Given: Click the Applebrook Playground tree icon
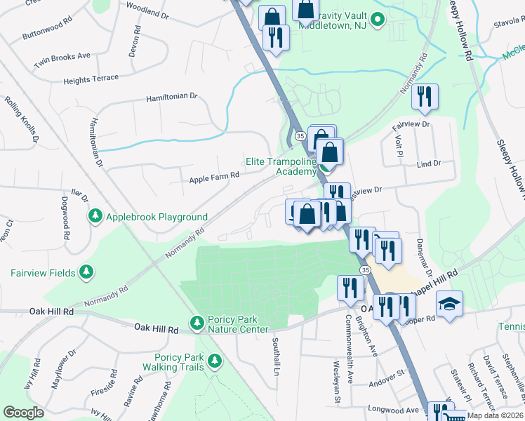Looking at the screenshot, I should [x=95, y=217].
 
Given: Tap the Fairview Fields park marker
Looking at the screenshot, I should [x=86, y=272].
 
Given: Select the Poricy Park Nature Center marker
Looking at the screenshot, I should [x=197, y=323].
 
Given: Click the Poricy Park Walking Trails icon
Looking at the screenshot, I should [x=214, y=361].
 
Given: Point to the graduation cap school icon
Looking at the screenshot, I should [x=448, y=304].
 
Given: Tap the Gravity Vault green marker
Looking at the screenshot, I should [x=377, y=20].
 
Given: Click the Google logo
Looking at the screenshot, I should [x=24, y=413].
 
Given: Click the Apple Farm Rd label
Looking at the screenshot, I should [x=214, y=180].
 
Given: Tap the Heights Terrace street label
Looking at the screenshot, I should [x=91, y=79].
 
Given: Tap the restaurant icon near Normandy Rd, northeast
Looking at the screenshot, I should [x=425, y=96].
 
